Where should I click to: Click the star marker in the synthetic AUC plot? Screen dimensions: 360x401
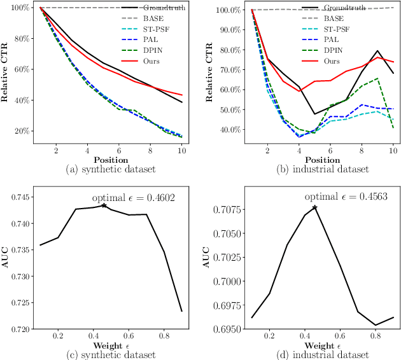pos(103,205)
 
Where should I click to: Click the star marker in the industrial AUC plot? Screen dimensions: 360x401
pos(314,207)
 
